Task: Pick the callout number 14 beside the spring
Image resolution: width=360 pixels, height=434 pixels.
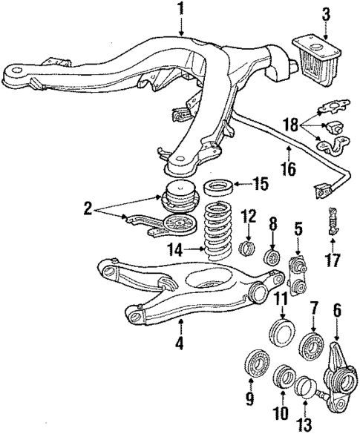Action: coord(174,249)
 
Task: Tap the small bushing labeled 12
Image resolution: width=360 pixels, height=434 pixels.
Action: coord(247,247)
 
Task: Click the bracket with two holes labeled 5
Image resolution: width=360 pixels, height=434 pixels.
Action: coord(298,274)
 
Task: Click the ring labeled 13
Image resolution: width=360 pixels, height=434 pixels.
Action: coord(305,387)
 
